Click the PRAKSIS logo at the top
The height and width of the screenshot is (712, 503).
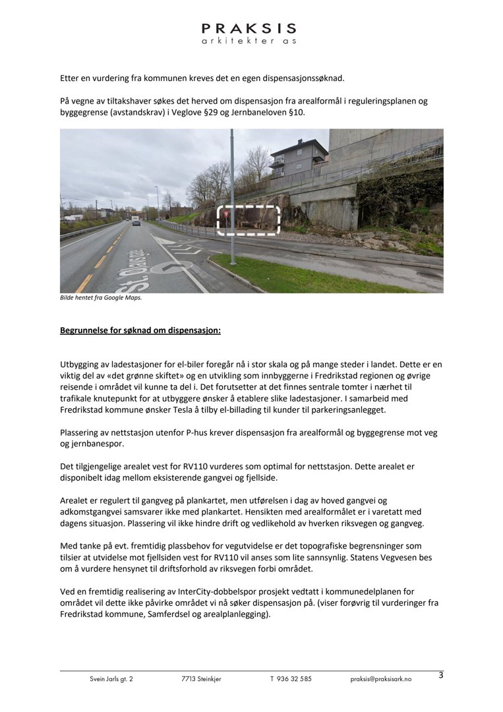pyautogui.click(x=249, y=33)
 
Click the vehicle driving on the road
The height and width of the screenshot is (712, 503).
pyautogui.click(x=136, y=220)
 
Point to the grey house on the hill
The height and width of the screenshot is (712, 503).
pyautogui.click(x=298, y=158)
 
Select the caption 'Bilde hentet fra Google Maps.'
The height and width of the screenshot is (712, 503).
pyautogui.click(x=101, y=297)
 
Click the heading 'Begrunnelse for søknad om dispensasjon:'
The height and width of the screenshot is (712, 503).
pyautogui.click(x=140, y=330)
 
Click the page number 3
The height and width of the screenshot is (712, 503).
pyautogui.click(x=441, y=675)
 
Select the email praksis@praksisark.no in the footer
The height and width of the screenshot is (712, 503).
pyautogui.click(x=380, y=679)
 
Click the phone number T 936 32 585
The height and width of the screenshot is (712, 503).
pyautogui.click(x=291, y=679)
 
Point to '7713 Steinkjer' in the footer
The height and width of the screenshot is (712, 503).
pyautogui.click(x=201, y=679)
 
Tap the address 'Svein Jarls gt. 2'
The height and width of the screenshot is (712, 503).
pyautogui.click(x=111, y=679)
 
